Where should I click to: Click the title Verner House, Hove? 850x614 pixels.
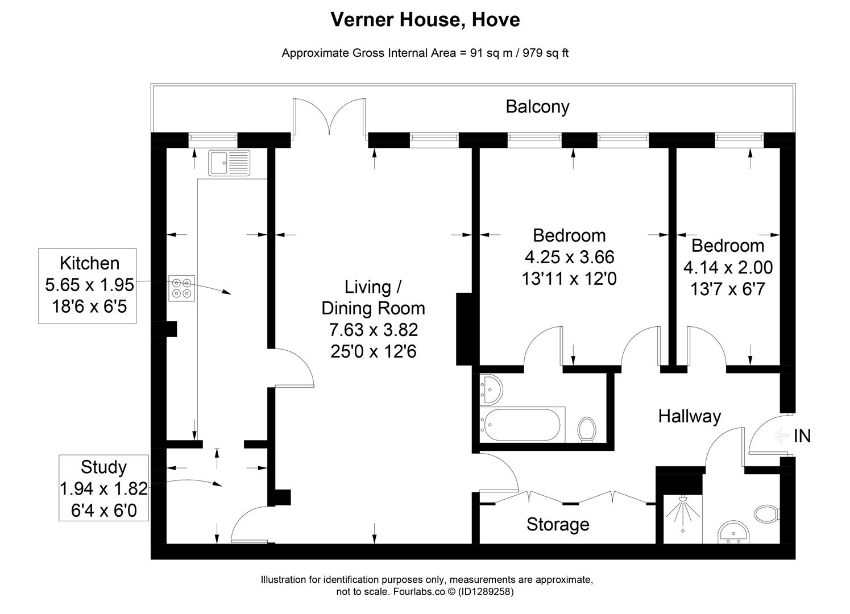425,20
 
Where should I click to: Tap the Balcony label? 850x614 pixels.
537,107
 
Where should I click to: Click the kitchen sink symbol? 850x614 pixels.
229,163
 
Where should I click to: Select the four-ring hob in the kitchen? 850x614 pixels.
181,288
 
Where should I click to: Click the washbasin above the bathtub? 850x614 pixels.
491,389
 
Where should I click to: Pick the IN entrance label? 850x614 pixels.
802,436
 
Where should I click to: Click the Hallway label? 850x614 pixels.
689,416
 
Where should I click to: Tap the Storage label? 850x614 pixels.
557,524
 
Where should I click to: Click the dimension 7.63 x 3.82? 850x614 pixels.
373,330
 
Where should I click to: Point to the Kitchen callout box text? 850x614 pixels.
89,285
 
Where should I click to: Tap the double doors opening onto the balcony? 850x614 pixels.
330,118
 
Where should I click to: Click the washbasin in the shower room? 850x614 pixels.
734,533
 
